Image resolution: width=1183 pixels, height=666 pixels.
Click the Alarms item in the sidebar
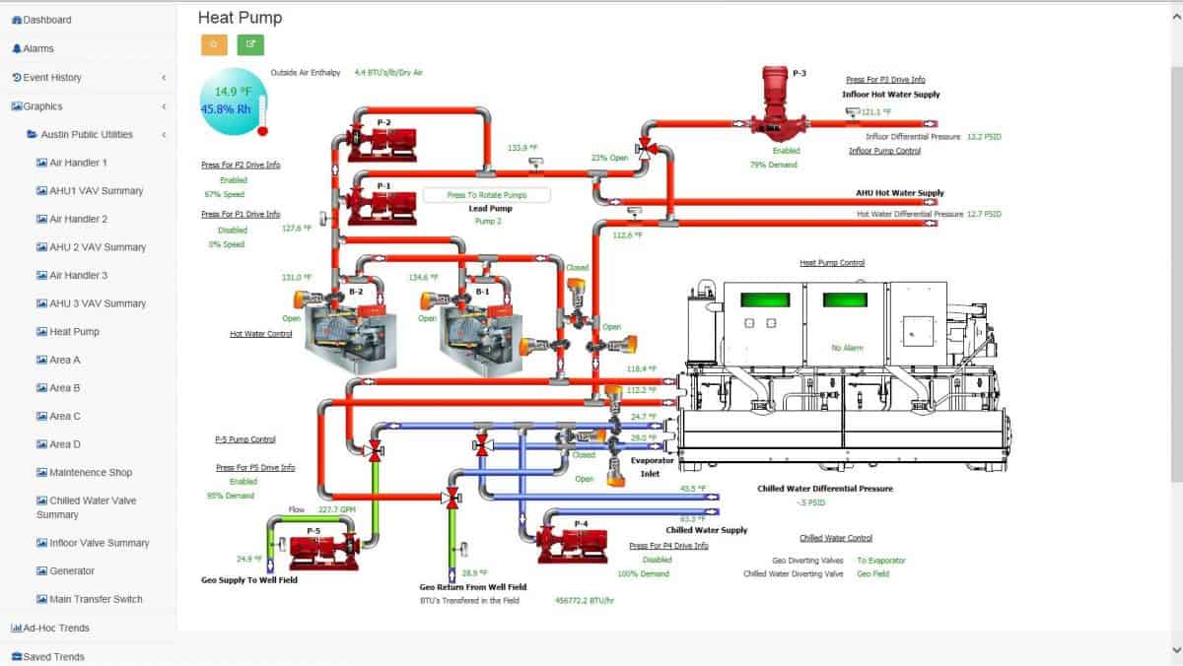point(38,48)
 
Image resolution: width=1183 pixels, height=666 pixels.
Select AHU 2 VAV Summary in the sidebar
point(97,247)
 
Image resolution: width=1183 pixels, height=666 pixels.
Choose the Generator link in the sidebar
point(72,571)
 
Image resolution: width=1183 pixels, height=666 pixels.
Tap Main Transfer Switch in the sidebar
point(96,599)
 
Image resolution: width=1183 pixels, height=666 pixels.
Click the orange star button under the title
point(214,44)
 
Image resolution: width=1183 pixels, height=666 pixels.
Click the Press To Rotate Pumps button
point(486,195)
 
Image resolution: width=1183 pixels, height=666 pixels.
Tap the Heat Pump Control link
point(831,263)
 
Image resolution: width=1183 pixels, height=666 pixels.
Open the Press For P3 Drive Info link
point(884,80)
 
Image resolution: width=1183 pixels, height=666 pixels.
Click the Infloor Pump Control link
point(884,151)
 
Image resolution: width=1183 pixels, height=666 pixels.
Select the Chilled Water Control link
point(835,538)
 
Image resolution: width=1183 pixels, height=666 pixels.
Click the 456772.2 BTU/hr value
point(585,600)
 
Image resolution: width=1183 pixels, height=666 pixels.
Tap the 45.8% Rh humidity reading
point(227,109)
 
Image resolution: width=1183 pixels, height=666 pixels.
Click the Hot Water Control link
point(261,334)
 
